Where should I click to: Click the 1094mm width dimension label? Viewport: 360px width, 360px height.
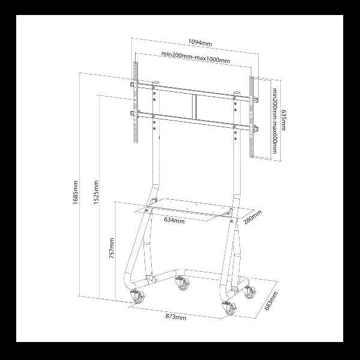tap(200, 43)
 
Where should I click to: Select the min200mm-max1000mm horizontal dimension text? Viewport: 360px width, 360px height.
tap(196, 58)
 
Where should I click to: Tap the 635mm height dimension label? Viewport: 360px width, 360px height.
tap(283, 120)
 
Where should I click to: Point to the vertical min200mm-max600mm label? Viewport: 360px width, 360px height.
tap(275, 121)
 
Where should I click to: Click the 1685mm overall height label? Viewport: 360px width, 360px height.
tap(76, 193)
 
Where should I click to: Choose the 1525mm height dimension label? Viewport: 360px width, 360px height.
tap(96, 193)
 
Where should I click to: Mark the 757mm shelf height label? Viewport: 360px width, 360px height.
tap(112, 248)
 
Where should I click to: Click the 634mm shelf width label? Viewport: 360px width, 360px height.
tap(174, 220)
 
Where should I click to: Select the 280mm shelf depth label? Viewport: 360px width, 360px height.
tap(253, 217)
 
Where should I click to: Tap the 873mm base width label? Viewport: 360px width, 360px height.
tap(176, 317)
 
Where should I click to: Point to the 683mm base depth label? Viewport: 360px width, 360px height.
tap(271, 301)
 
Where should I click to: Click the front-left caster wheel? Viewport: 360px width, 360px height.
tap(138, 297)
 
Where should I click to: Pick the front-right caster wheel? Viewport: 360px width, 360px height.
tap(229, 308)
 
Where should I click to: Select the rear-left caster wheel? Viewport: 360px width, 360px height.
tap(182, 284)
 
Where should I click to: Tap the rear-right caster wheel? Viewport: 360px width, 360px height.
tap(250, 292)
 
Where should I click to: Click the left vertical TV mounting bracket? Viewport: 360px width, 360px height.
tap(136, 102)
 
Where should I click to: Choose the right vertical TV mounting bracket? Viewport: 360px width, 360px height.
tap(252, 117)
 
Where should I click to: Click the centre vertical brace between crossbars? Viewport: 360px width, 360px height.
tap(194, 107)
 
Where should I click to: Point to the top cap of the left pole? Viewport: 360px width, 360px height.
tap(156, 82)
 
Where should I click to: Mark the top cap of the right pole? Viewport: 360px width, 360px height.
tap(237, 93)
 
